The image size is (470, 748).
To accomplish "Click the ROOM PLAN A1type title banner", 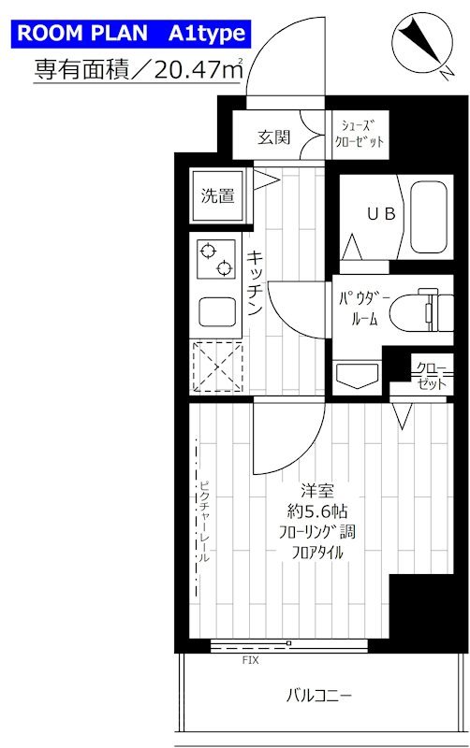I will (130, 35).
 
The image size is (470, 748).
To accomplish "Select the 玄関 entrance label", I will (273, 137).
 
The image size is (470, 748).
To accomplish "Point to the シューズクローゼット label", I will (360, 137).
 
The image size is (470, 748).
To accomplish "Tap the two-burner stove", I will (214, 259).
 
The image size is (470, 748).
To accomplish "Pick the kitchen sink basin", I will (216, 311).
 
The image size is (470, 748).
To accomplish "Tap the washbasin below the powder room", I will (357, 378).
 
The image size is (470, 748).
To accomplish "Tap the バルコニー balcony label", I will (319, 696).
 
